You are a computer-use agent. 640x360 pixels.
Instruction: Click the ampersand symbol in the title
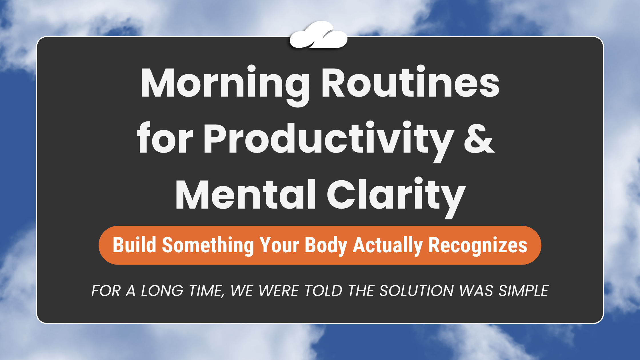point(479,139)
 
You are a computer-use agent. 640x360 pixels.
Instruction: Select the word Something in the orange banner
point(208,245)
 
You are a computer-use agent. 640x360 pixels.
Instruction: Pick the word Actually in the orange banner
point(388,245)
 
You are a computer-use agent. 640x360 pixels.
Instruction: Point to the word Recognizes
point(478,245)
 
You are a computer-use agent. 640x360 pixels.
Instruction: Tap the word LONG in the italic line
point(162,291)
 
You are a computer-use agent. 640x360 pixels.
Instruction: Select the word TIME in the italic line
point(206,291)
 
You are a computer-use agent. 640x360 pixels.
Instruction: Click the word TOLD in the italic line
point(323,291)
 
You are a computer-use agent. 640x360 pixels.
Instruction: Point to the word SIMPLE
point(523,291)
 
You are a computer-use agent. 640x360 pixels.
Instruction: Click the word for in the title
point(165,139)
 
